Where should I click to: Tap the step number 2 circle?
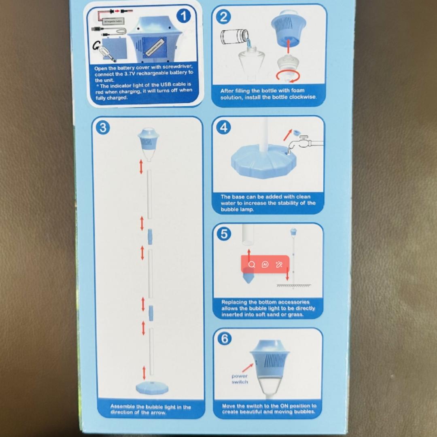coord(224,17)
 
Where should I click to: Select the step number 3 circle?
coord(102,127)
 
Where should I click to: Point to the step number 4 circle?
coord(224,128)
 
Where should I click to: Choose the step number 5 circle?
coord(224,234)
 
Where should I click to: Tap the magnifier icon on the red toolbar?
coord(252,265)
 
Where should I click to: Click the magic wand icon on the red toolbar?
coord(279,265)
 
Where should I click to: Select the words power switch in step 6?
coord(240,379)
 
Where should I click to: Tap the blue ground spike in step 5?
coord(248,279)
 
